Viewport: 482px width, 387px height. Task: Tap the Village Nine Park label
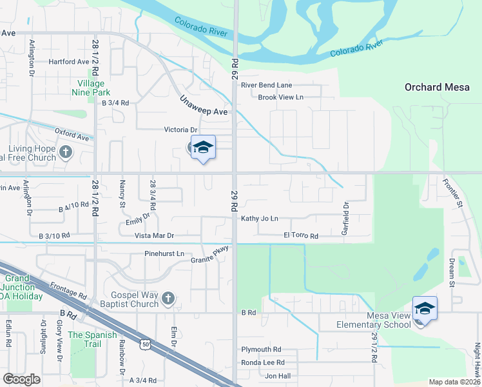click(91, 88)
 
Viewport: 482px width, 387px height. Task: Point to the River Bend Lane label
click(266, 85)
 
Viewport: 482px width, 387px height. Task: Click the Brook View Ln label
click(280, 97)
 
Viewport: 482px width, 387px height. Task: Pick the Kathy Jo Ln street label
click(260, 219)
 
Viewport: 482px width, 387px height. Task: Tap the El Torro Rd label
click(301, 236)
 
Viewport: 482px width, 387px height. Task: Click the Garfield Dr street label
click(346, 218)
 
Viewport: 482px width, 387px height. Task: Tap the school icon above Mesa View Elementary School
click(425, 310)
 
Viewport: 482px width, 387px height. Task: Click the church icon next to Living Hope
click(65, 152)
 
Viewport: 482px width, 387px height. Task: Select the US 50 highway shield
click(146, 345)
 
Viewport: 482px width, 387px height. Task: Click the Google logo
click(22, 379)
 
